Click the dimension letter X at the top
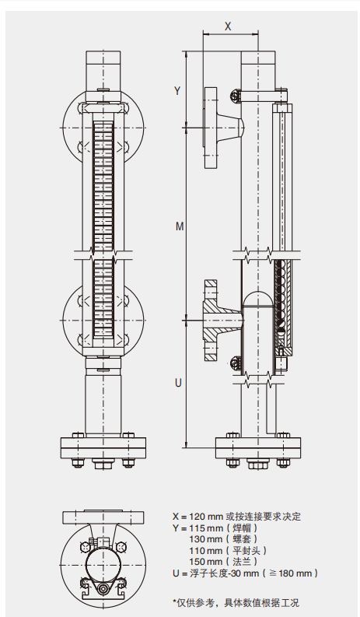coord(228,26)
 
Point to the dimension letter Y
coord(177,90)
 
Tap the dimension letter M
coord(180,226)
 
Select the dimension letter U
coord(178,383)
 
